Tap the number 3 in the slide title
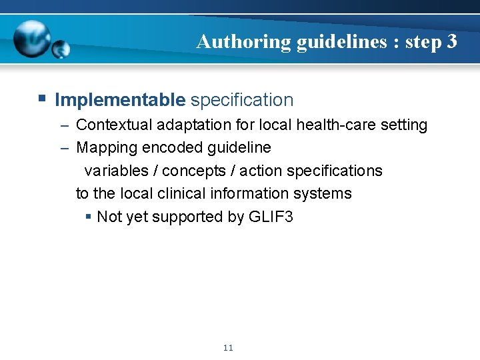(x=452, y=42)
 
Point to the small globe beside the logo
(x=61, y=49)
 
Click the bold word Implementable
(x=120, y=100)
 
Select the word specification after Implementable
(x=241, y=100)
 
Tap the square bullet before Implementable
(x=42, y=99)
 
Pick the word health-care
(x=343, y=125)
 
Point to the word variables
(x=116, y=171)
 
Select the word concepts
(x=194, y=171)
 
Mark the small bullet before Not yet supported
(x=89, y=217)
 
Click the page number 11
(x=229, y=348)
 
